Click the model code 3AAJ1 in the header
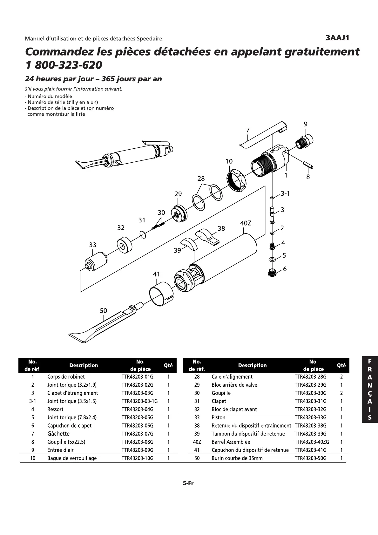(x=337, y=38)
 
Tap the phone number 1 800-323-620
(x=64, y=65)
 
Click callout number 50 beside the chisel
(x=104, y=310)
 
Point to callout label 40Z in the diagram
(x=246, y=223)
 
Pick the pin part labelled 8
(x=308, y=166)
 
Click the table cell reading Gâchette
(x=58, y=434)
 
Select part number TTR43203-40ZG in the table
(x=312, y=442)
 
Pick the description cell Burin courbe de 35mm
(x=237, y=458)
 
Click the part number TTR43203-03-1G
(x=139, y=401)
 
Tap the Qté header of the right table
(x=341, y=365)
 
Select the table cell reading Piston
(x=219, y=417)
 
